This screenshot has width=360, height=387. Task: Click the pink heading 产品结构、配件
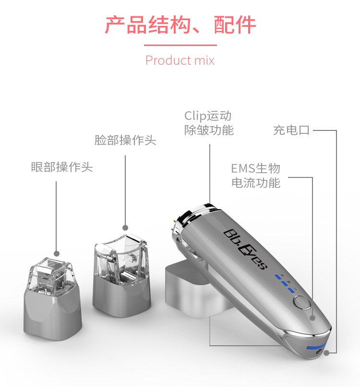point(180,24)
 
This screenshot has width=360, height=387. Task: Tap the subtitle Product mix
point(180,60)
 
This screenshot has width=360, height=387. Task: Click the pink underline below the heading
point(180,45)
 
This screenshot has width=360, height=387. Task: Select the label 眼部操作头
point(62,167)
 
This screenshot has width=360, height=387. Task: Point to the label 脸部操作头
point(125,140)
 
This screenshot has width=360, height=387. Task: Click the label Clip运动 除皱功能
point(209,123)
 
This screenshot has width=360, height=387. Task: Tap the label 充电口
point(291,130)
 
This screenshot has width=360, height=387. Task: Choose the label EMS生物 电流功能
point(256,176)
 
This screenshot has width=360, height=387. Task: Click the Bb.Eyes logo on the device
point(245,249)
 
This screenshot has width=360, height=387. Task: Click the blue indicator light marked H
point(278,277)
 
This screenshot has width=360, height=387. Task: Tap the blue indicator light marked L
point(291,290)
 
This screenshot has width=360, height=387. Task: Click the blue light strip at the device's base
point(315,347)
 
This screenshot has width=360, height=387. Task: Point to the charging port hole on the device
point(319,352)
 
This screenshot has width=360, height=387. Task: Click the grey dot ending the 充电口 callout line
point(327,353)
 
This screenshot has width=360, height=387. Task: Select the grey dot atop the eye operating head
point(57,254)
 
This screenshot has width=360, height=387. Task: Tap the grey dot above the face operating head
point(125,228)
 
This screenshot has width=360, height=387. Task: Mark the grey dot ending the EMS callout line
point(312,318)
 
